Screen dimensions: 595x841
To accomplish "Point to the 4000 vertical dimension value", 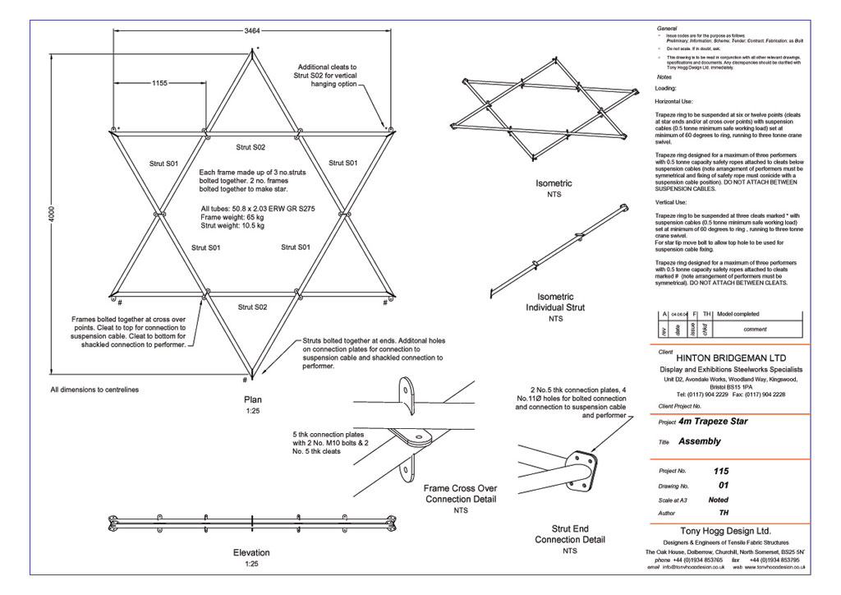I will point(51,216).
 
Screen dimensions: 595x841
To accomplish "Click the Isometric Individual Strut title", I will point(549,302).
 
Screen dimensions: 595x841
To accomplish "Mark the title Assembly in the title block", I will point(700,441).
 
